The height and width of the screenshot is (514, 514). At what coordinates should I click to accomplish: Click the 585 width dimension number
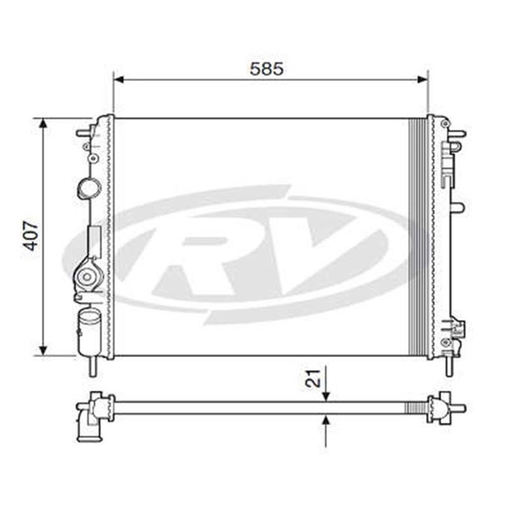[266, 69]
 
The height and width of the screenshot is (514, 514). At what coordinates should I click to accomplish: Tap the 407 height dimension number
[32, 236]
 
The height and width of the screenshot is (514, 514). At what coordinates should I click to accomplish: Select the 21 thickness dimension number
[313, 378]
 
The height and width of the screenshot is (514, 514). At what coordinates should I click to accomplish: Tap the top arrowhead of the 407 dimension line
[43, 124]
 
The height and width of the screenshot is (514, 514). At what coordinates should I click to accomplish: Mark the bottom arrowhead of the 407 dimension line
[43, 350]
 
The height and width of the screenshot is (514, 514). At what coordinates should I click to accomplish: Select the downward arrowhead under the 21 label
[325, 396]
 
